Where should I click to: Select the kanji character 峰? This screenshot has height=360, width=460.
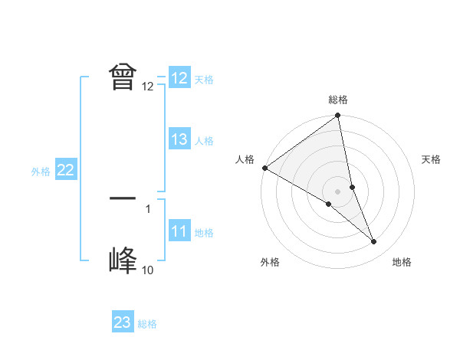pyautogui.click(x=123, y=260)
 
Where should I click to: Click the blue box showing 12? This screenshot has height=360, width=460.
pyautogui.click(x=179, y=78)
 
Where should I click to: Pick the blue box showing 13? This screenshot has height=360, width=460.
pyautogui.click(x=179, y=139)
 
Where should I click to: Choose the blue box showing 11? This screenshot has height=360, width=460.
pyautogui.click(x=179, y=231)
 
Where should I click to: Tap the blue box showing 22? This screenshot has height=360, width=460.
pyautogui.click(x=65, y=170)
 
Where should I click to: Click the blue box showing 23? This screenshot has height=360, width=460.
pyautogui.click(x=123, y=322)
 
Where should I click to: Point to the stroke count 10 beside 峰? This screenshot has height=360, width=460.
pyautogui.click(x=147, y=270)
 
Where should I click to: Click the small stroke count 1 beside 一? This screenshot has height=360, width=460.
pyautogui.click(x=147, y=208)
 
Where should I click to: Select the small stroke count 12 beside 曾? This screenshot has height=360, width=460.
pyautogui.click(x=147, y=87)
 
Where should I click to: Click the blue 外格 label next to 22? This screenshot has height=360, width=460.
pyautogui.click(x=41, y=172)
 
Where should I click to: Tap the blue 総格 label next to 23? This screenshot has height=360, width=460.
pyautogui.click(x=147, y=324)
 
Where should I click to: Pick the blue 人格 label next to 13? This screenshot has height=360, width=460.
pyautogui.click(x=204, y=141)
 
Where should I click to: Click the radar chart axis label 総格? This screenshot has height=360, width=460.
pyautogui.click(x=338, y=100)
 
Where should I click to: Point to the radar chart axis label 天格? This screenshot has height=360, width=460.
pyautogui.click(x=432, y=159)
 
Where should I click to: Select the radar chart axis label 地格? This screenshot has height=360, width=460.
pyautogui.click(x=402, y=263)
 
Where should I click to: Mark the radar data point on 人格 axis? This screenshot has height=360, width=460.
pyautogui.click(x=264, y=168)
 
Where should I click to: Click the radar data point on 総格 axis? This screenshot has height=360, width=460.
pyautogui.click(x=338, y=116)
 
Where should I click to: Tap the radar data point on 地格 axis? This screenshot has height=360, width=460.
pyautogui.click(x=374, y=242)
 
